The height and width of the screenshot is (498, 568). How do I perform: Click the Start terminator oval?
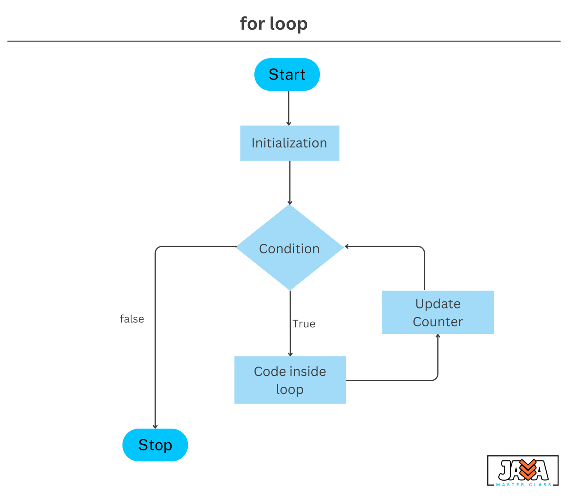(287, 74)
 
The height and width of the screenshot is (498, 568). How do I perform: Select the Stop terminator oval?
(155, 445)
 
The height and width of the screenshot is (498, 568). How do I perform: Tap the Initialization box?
(290, 143)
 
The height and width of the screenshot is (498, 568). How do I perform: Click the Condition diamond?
(290, 248)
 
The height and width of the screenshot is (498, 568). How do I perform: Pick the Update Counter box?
(437, 312)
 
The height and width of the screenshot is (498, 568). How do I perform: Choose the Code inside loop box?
(290, 380)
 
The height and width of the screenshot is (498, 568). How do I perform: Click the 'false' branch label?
(132, 319)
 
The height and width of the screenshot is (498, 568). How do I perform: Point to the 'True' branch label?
(304, 323)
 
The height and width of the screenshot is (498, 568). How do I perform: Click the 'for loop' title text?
(274, 24)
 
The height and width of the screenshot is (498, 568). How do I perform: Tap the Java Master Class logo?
(523, 470)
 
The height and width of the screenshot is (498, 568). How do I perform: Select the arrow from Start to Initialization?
(289, 108)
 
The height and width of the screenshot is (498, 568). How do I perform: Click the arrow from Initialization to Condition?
(290, 182)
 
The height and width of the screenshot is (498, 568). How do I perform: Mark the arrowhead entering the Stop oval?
(155, 427)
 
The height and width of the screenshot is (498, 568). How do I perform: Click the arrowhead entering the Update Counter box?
(438, 336)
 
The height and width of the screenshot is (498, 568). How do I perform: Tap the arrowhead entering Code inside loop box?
(290, 354)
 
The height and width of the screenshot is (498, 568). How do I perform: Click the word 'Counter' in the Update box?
(437, 322)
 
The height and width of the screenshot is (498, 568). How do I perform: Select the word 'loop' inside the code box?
(290, 389)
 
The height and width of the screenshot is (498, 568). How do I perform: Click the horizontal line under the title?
(284, 41)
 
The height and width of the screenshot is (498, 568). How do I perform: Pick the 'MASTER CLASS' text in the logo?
(524, 485)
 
